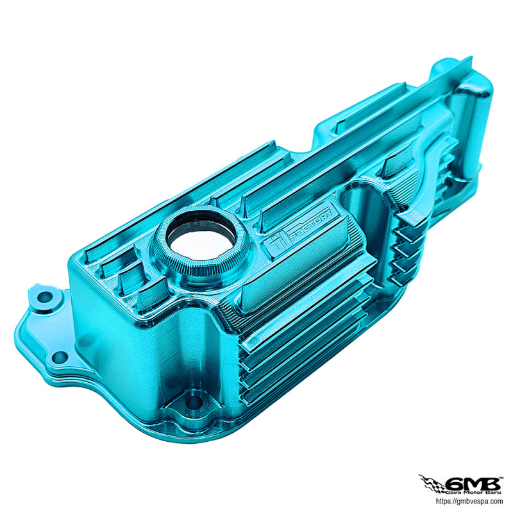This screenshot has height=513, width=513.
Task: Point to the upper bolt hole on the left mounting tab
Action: coord(44,297)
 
